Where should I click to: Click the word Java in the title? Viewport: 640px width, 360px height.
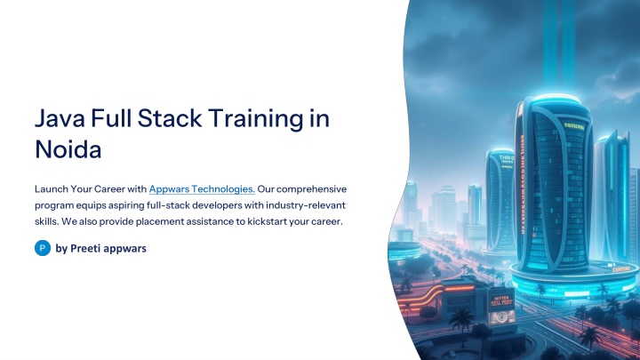(x=60, y=118)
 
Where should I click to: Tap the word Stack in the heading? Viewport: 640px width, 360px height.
(x=170, y=118)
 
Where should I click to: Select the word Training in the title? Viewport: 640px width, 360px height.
(x=255, y=119)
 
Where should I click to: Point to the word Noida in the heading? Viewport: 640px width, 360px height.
(x=68, y=149)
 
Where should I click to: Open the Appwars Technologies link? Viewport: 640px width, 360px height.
(x=202, y=189)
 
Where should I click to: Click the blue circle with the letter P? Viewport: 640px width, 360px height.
(x=43, y=248)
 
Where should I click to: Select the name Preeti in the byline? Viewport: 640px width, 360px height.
(x=85, y=248)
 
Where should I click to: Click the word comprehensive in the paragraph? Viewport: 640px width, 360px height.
(x=311, y=189)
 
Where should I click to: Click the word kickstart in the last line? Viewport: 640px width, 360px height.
(x=267, y=221)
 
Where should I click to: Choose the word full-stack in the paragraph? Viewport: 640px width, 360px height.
(x=168, y=205)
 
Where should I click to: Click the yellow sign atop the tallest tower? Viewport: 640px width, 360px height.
(x=574, y=126)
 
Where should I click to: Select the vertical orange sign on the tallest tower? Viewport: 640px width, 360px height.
(x=522, y=185)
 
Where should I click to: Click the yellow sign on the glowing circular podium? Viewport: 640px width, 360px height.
(x=620, y=269)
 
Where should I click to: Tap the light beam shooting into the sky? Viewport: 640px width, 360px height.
(x=559, y=45)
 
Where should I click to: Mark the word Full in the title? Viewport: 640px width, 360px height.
(x=111, y=118)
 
